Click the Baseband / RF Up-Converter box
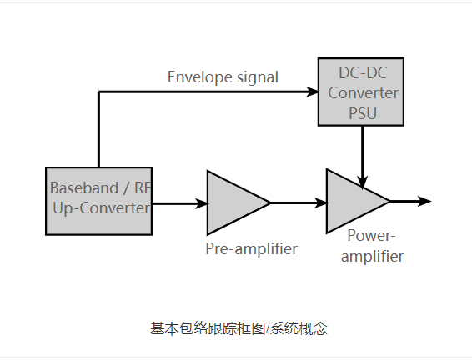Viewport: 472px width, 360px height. click(98, 200)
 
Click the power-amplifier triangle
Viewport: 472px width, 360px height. click(352, 201)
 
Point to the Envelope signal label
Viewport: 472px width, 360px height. click(223, 77)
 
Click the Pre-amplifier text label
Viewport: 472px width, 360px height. click(251, 248)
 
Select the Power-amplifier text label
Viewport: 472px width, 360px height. click(373, 246)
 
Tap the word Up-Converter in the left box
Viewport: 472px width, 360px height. click(101, 207)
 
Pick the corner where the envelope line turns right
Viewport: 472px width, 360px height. click(99, 92)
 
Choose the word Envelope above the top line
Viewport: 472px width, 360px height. click(198, 77)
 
